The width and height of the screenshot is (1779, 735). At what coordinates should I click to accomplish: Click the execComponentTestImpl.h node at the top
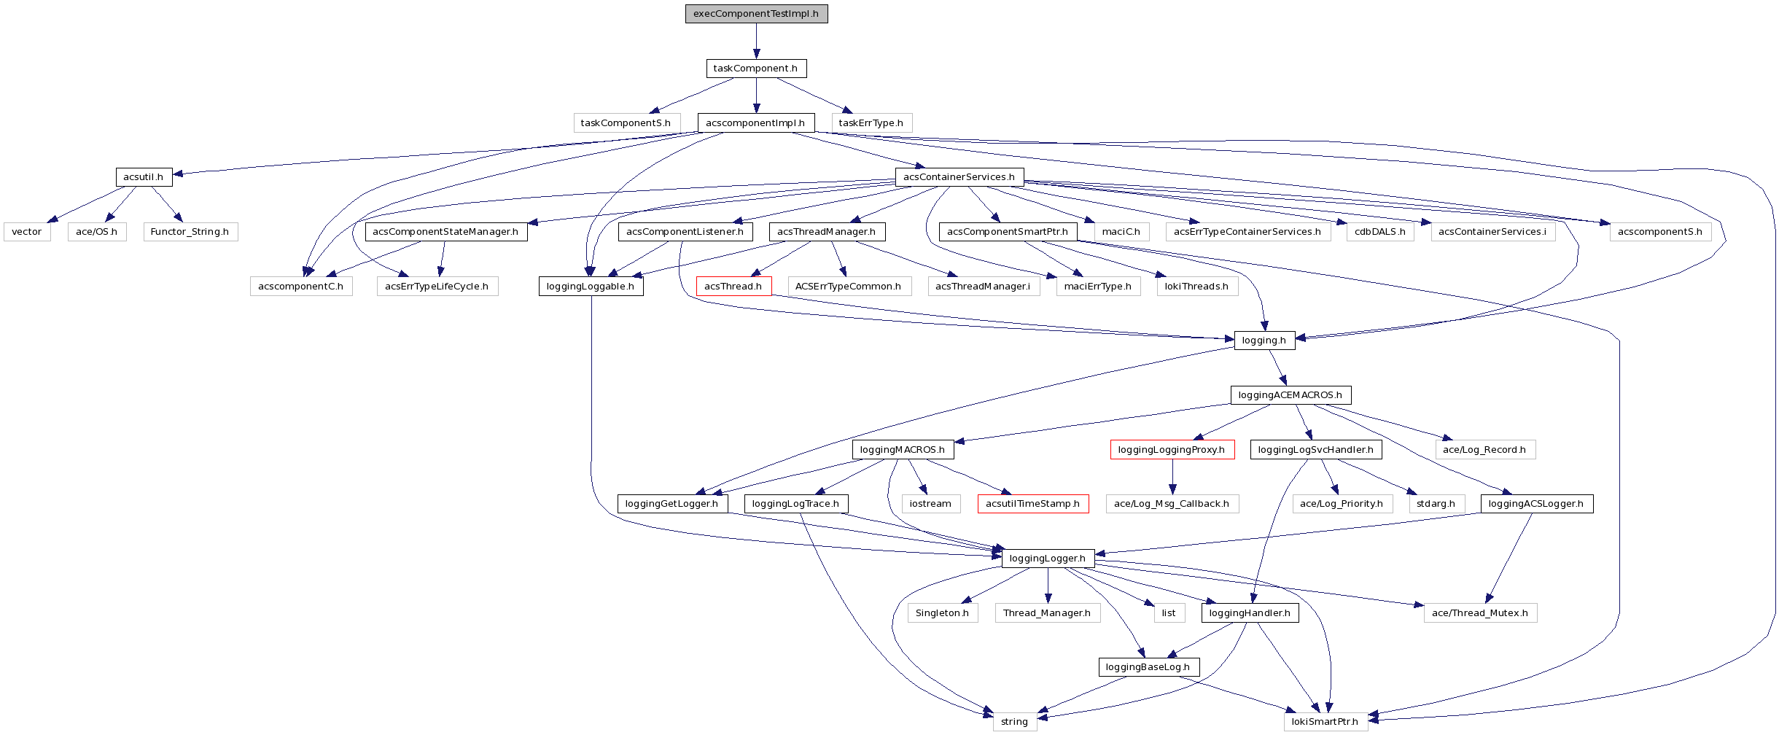click(756, 14)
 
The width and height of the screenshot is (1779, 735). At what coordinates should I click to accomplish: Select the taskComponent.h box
click(756, 69)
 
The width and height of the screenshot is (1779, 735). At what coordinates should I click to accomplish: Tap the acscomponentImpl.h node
click(755, 123)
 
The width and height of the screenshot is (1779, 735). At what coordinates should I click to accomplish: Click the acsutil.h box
click(143, 177)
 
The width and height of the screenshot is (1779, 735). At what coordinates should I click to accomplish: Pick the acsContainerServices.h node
click(959, 177)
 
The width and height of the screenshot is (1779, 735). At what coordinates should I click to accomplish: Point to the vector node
click(27, 232)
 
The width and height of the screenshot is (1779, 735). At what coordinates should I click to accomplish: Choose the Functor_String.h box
click(190, 232)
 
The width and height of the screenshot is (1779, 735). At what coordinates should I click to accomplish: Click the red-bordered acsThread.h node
click(733, 287)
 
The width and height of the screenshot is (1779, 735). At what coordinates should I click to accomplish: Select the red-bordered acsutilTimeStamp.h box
click(1032, 504)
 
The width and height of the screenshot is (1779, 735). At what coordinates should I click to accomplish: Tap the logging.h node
click(1264, 341)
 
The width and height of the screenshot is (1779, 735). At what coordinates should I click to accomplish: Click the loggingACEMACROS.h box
click(1290, 395)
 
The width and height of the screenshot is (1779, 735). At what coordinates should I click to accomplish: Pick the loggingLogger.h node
click(1048, 559)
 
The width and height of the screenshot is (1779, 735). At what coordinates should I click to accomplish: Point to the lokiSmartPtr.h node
click(1325, 722)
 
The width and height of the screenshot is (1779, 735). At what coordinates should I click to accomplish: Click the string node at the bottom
click(1014, 722)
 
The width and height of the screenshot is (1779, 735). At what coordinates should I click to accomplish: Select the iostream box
click(930, 504)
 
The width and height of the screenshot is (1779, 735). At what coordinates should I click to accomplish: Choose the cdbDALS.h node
click(1380, 232)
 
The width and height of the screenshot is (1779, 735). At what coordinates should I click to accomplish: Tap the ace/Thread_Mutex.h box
click(1480, 613)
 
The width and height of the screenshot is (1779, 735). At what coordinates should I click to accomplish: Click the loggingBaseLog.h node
click(1148, 667)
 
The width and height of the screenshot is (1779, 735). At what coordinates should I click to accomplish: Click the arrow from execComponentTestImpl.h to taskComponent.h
click(756, 41)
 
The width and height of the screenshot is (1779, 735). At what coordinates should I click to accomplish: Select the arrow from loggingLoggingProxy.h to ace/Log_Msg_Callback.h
click(1172, 477)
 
